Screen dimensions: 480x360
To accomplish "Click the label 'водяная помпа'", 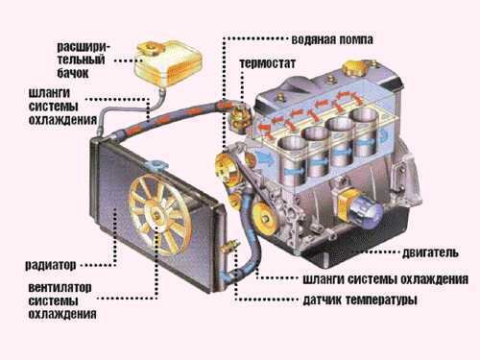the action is coord(332,40).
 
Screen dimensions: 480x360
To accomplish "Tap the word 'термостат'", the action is coord(267,63).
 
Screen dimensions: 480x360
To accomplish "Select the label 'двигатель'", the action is coord(430,252).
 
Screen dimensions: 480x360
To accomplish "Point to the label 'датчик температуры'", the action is coord(360,300).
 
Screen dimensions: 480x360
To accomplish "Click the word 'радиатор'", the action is coord(51,265).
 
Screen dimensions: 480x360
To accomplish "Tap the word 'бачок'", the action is coord(73,73).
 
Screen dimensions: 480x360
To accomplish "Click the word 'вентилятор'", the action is coord(60,287).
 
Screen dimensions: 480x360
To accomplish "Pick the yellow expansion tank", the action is coord(168,63).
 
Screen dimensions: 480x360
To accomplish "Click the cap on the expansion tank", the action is coord(151,47).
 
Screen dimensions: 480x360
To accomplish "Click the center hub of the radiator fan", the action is coord(156,215).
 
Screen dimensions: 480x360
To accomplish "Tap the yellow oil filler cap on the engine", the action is coord(355,67).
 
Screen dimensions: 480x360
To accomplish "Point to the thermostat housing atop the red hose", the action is coord(241,118).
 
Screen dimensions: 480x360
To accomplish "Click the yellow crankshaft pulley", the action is coord(264,219).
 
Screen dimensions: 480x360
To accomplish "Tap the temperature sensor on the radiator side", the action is coord(231,247).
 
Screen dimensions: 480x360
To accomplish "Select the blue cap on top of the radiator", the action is coord(156,165).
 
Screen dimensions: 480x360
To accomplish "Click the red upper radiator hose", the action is coord(173,117).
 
